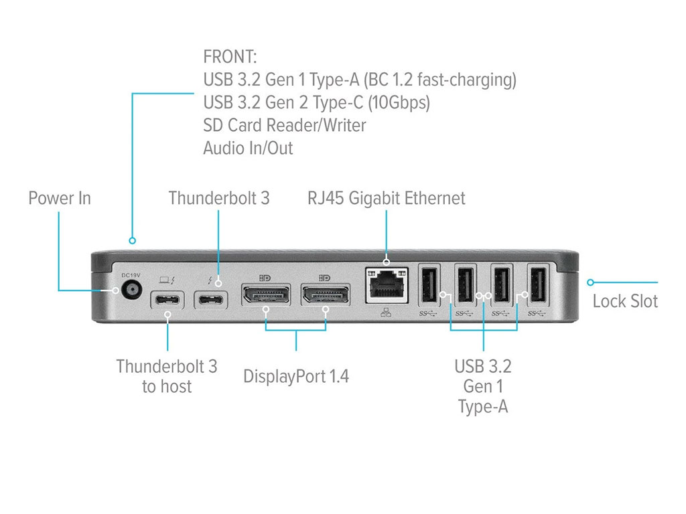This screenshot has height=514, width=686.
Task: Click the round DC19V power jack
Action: click(131, 290)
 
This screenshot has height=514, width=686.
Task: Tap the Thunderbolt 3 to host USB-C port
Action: click(167, 301)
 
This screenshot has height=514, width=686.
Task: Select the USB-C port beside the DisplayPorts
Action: click(211, 301)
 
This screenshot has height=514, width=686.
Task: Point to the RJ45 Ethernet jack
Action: click(387, 285)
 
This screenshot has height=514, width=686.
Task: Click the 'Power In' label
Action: click(60, 198)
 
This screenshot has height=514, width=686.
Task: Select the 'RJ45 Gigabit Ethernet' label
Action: click(387, 198)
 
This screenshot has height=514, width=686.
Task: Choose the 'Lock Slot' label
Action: click(625, 301)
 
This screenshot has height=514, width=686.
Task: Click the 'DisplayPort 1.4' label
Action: click(296, 376)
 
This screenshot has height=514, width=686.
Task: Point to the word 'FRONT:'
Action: click(230, 57)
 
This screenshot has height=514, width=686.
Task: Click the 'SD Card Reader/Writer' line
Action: click(285, 125)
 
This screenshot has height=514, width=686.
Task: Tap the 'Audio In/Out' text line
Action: click(248, 148)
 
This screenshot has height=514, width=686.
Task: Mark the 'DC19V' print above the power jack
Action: click(131, 275)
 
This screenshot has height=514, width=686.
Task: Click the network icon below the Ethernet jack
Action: click(386, 312)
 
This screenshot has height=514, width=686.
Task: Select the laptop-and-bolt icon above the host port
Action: click(167, 280)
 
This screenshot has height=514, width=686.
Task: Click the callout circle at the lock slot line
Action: click(591, 282)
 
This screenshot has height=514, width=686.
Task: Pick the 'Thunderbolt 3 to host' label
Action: click(167, 376)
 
